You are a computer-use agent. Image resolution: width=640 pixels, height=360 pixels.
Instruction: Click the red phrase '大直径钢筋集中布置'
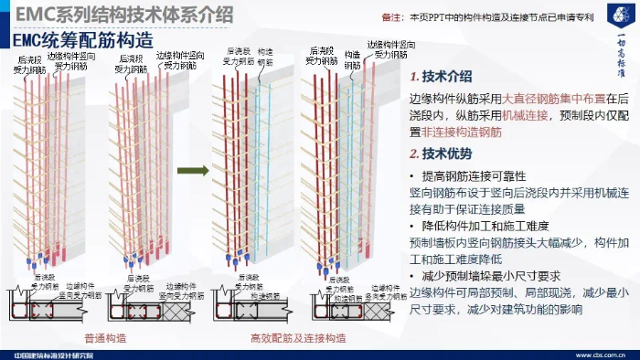555,98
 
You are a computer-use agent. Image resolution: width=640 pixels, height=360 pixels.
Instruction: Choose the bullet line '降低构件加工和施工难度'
483,226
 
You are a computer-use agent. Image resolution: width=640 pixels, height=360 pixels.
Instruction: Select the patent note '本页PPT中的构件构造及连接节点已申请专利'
502,16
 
